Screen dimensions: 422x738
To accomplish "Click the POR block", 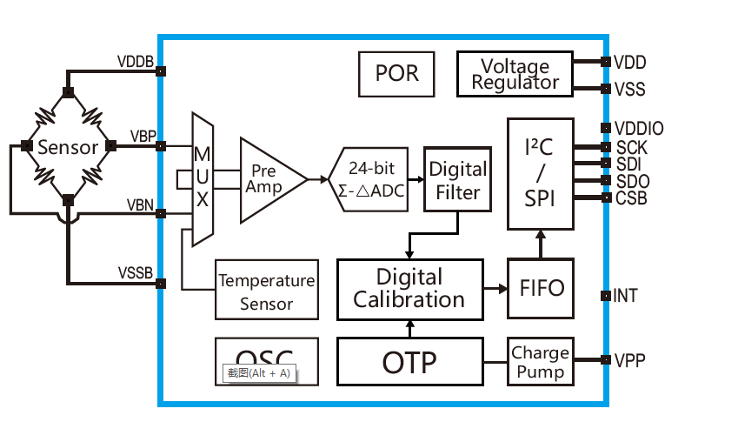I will (396, 73).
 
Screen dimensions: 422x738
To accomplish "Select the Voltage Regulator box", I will (515, 74).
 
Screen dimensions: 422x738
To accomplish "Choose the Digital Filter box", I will (457, 179).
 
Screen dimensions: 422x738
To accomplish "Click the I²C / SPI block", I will (540, 174).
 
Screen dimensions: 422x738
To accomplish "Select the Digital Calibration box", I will (409, 288).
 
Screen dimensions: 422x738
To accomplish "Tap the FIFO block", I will (541, 288).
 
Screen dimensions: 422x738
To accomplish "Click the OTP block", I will (409, 362).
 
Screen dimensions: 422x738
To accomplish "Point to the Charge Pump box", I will (540, 362).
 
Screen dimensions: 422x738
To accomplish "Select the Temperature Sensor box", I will (267, 291).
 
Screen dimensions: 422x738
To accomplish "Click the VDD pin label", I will (629, 63).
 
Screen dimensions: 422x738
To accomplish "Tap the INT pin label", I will (625, 296).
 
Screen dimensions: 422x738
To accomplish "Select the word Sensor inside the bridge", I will (68, 148).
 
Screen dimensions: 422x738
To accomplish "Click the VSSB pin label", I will (136, 273).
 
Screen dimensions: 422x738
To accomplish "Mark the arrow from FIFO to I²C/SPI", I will (540, 244).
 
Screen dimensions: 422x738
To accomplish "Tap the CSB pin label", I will (630, 198).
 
